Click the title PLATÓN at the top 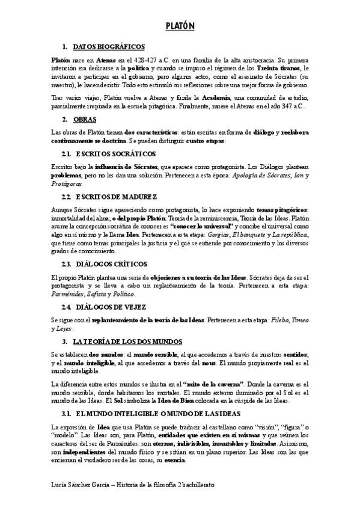point(180,26)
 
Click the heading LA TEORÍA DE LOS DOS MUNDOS point(124,342)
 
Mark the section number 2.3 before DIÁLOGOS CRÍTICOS point(67,265)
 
